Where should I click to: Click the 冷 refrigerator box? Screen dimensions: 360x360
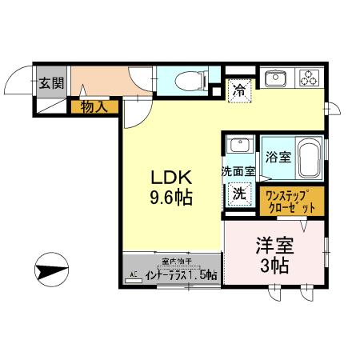pos(238,90)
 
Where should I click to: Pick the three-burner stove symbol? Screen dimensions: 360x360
pos(310,78)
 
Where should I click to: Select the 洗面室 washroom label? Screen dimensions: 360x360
pos(238,170)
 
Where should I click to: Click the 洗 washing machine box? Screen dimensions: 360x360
pos(238,193)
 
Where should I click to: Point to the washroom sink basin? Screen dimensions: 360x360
pos(238,146)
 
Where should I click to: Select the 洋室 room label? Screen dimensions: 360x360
pos(272,245)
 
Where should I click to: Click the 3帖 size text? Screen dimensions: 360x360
pos(273,266)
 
